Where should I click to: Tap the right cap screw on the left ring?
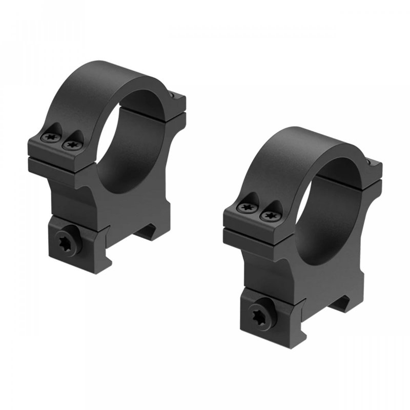coord(71,145)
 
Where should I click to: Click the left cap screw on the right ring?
coord(248,208)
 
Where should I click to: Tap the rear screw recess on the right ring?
coord(370,162)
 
